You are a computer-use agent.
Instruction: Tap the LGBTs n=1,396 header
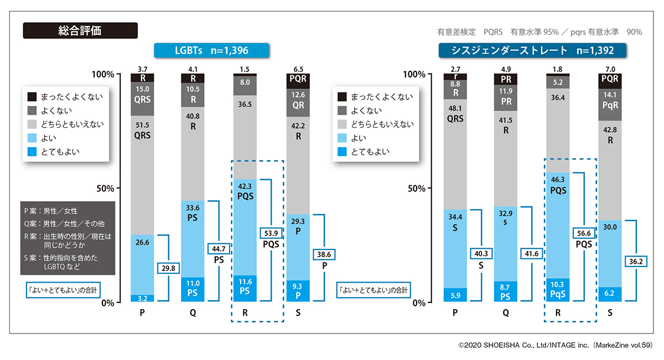[211, 51]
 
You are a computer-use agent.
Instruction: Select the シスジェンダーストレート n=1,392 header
[532, 51]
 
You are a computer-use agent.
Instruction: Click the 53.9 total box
[270, 233]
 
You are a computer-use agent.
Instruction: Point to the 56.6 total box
[584, 233]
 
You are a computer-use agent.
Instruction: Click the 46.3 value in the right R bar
[558, 180]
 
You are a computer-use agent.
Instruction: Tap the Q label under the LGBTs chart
[193, 313]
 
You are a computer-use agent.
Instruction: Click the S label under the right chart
[610, 313]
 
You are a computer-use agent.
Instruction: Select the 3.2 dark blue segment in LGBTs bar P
[142, 298]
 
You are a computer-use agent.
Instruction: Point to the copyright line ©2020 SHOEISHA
[555, 345]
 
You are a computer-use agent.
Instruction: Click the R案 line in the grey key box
[66, 239]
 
